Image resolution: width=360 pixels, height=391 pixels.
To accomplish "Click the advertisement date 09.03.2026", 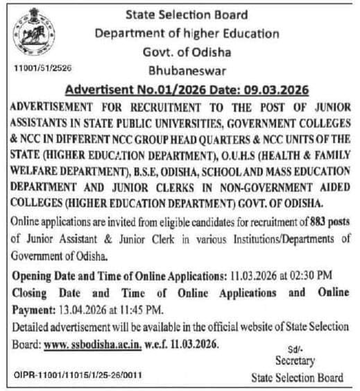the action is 275,90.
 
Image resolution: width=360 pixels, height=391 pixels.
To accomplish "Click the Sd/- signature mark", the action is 294,350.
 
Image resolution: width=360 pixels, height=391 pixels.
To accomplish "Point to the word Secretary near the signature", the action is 295,361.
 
